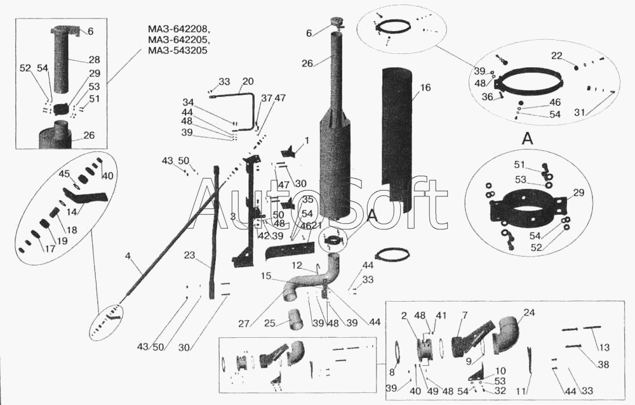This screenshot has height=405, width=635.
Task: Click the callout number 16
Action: (425, 87)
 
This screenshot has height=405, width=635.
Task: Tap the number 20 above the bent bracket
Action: (248, 81)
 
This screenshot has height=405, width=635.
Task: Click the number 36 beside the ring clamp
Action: (488, 97)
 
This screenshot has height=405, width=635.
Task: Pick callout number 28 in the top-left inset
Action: (94, 60)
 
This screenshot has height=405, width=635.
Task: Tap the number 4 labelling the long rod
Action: (128, 256)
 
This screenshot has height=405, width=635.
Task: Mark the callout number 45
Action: (65, 173)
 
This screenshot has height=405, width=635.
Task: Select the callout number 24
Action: (528, 312)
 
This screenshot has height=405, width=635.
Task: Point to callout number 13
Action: (604, 347)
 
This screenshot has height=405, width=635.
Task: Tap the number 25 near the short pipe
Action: (269, 324)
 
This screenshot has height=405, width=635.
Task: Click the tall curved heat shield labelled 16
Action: (399, 139)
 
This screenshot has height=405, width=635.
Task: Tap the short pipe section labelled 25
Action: (295, 319)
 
